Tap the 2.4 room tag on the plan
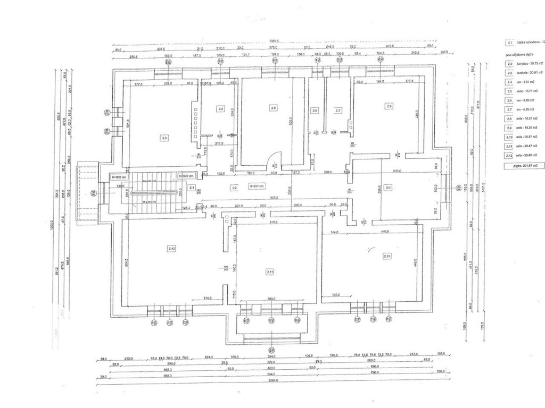tap(221, 108)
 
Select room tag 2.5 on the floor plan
tap(274, 107)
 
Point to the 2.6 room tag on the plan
tap(315, 110)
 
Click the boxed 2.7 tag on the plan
tap(337, 110)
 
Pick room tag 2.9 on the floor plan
tap(388, 188)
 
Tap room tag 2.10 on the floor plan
tap(387, 256)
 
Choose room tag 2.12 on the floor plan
tap(171, 248)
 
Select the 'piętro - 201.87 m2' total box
tap(526, 166)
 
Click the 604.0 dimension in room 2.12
tap(127, 262)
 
